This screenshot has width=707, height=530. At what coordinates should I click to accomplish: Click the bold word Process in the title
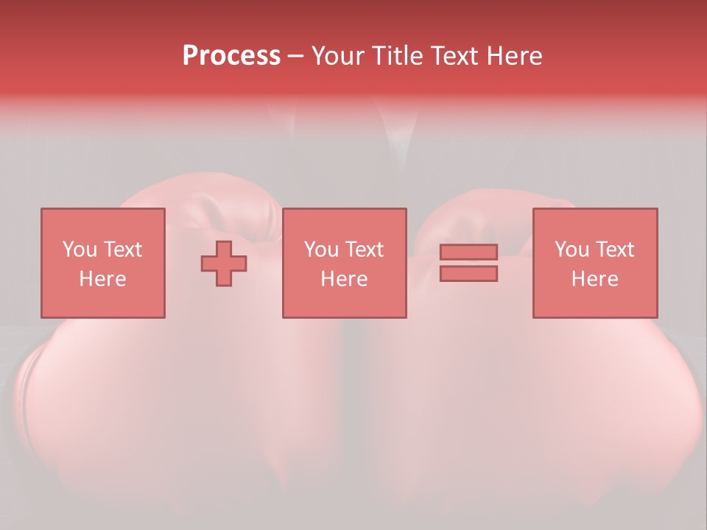[231, 56]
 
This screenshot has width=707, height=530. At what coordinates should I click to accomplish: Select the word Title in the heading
[398, 56]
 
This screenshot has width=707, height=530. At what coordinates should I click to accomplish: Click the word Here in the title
[516, 56]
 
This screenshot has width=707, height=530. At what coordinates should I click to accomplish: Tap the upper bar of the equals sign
[468, 252]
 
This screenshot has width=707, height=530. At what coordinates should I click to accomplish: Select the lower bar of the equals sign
[468, 273]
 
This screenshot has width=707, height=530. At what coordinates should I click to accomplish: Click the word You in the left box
[80, 250]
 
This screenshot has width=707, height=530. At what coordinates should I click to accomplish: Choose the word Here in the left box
[102, 279]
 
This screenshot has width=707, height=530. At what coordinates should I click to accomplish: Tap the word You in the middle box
[321, 250]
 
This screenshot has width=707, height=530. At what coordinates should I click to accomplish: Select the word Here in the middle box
[344, 279]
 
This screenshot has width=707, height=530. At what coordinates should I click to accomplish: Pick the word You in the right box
[571, 250]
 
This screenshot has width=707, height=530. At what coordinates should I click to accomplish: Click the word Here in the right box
[594, 279]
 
